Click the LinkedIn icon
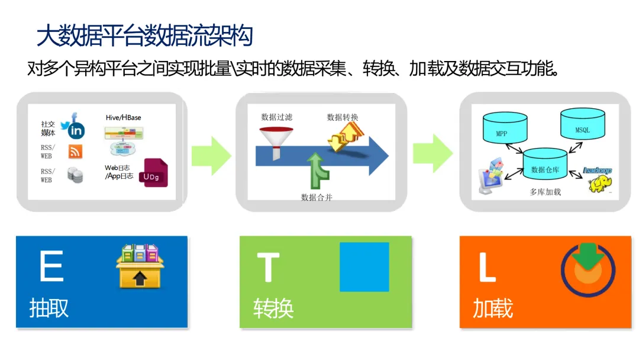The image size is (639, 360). [76, 130]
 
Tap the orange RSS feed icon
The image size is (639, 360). [75, 152]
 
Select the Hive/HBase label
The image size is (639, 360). [123, 118]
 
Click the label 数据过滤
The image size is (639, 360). [277, 117]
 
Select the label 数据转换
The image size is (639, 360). [343, 117]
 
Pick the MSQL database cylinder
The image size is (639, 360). [582, 126]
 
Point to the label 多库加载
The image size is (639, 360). [545, 192]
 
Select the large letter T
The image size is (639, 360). [267, 268]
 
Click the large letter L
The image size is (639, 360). [486, 268]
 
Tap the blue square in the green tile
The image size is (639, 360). [364, 267]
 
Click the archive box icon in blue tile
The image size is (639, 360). [139, 266]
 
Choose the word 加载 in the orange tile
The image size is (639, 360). [492, 308]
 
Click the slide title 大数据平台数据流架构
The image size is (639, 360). [145, 36]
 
